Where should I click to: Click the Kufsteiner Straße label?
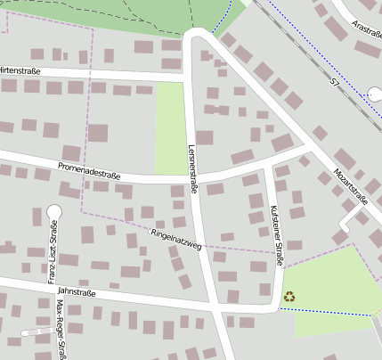(275, 235)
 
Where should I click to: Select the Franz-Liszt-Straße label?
(53, 258)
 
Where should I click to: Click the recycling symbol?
(289, 296)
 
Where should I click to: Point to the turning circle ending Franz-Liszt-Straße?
(53, 212)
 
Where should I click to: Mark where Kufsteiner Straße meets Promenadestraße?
(270, 164)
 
